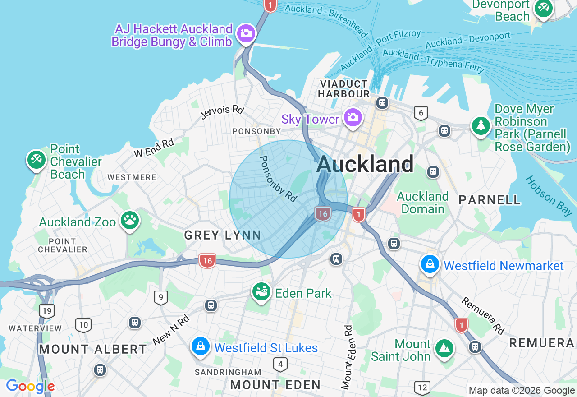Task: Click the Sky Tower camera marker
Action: click(352, 118)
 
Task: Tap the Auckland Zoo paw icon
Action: click(130, 221)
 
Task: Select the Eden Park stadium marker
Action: click(261, 292)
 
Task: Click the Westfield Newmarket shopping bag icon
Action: click(430, 265)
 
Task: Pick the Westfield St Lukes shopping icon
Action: click(200, 347)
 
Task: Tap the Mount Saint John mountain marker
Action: click(444, 348)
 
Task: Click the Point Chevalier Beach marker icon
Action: click(37, 160)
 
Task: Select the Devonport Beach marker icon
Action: click(543, 8)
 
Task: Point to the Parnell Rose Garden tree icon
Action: click(481, 125)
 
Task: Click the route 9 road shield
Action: click(160, 297)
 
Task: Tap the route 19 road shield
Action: click(47, 311)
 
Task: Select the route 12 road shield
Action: click(422, 387)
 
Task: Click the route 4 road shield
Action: click(280, 364)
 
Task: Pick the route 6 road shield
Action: click(421, 113)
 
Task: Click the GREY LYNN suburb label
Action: click(223, 235)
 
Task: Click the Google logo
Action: click(30, 386)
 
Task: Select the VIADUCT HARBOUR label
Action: click(344, 89)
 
